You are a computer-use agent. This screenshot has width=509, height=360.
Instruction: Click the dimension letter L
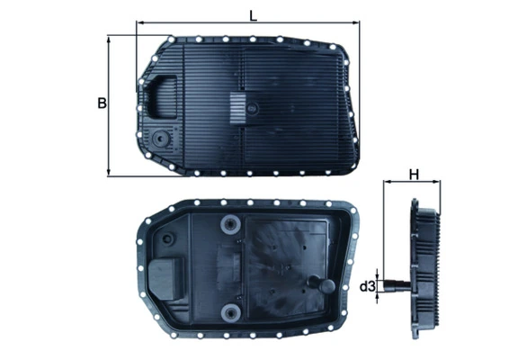(254, 13)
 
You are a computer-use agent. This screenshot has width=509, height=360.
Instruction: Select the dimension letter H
(414, 175)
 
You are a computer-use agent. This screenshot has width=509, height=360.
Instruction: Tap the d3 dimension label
(367, 287)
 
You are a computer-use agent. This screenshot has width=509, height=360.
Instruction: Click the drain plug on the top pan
(159, 140)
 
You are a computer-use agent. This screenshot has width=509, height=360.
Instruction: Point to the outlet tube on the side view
(393, 287)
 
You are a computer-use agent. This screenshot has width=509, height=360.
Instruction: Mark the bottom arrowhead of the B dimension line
(110, 174)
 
